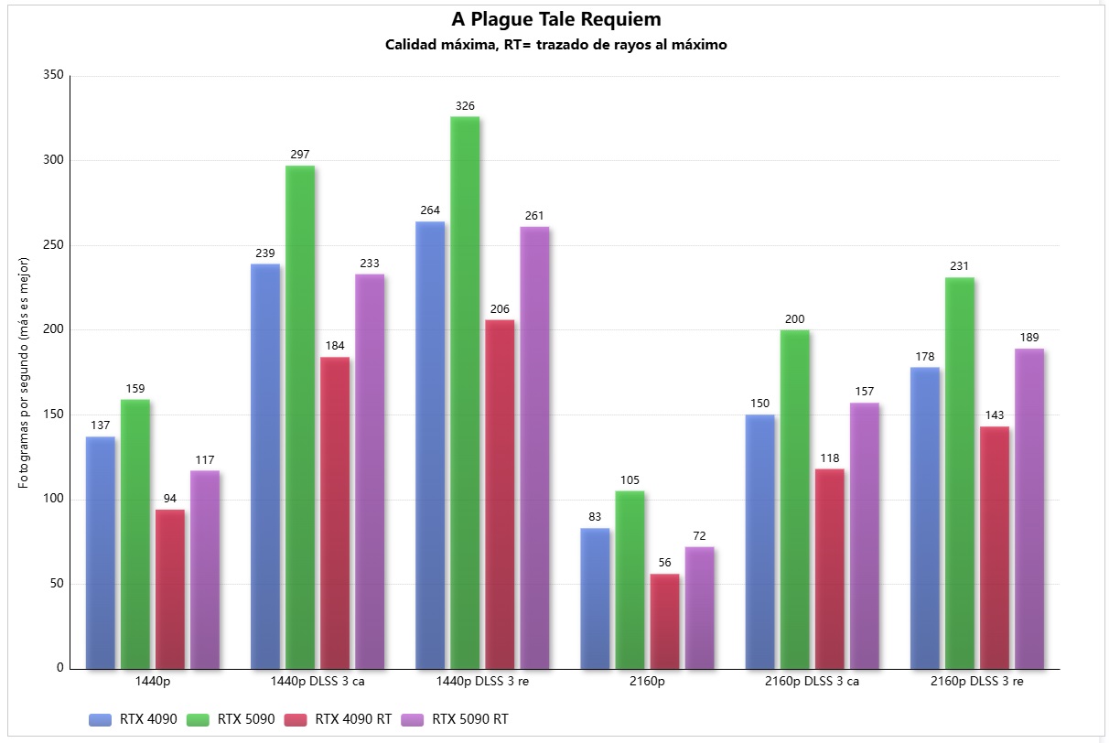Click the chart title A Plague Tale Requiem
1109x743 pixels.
(x=555, y=19)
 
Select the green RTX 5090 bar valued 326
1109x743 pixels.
(x=465, y=393)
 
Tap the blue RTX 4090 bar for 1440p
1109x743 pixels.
(x=101, y=553)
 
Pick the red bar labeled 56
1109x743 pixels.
(x=664, y=621)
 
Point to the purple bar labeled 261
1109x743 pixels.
(x=534, y=448)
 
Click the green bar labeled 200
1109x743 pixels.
(x=795, y=500)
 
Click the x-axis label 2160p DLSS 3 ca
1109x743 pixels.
(x=812, y=682)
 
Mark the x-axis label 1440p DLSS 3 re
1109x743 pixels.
(x=482, y=682)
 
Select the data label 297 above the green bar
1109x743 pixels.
(x=300, y=155)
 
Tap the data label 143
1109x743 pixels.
(x=995, y=415)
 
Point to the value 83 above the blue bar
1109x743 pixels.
(x=595, y=517)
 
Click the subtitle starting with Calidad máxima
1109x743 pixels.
(x=555, y=45)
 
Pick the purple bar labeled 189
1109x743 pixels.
(x=1029, y=509)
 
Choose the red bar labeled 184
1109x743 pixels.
(x=335, y=512)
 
